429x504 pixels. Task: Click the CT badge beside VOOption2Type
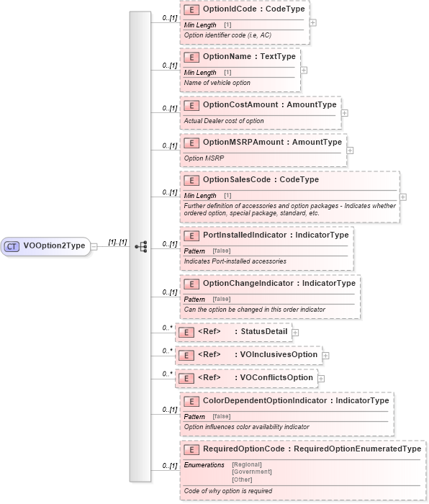click(x=12, y=246)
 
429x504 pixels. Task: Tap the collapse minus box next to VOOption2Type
click(x=94, y=246)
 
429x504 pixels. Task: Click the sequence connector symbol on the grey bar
click(x=140, y=246)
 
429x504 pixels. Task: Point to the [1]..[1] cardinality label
click(x=117, y=243)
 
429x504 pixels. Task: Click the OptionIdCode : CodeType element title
click(x=245, y=11)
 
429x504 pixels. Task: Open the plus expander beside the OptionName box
click(x=304, y=70)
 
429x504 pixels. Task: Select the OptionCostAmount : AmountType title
click(x=269, y=105)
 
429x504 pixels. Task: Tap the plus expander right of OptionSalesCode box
click(x=402, y=197)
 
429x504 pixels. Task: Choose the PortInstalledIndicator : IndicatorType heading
click(x=276, y=235)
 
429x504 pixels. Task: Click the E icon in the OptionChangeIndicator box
click(x=191, y=284)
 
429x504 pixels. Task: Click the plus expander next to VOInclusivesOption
click(x=325, y=355)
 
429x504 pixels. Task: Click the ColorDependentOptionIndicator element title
click(x=295, y=401)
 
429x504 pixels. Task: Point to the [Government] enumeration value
click(x=252, y=472)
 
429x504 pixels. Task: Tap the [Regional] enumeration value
click(x=248, y=464)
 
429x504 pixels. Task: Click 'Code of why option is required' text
click(x=228, y=490)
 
